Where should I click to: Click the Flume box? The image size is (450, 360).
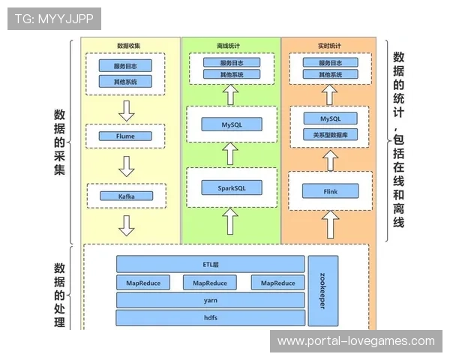pos(126,137)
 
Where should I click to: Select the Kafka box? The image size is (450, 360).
pos(126,196)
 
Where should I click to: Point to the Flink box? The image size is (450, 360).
pos(330,191)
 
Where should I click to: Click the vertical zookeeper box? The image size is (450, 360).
pos(322,291)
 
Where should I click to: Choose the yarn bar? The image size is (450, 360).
pos(210,300)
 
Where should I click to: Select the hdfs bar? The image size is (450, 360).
pos(210,318)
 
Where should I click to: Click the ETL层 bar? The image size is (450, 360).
pos(210,264)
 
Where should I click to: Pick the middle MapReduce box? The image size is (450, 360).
pos(210,283)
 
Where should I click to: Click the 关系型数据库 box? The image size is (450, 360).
pos(330,135)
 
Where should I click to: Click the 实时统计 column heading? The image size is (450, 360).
pos(329,46)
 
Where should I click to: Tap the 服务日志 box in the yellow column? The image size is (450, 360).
pos(126,65)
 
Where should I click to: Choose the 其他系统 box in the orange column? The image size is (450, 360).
pos(330,75)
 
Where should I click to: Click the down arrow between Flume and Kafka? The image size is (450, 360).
pos(126,166)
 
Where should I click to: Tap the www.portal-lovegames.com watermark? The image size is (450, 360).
pos(355,340)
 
